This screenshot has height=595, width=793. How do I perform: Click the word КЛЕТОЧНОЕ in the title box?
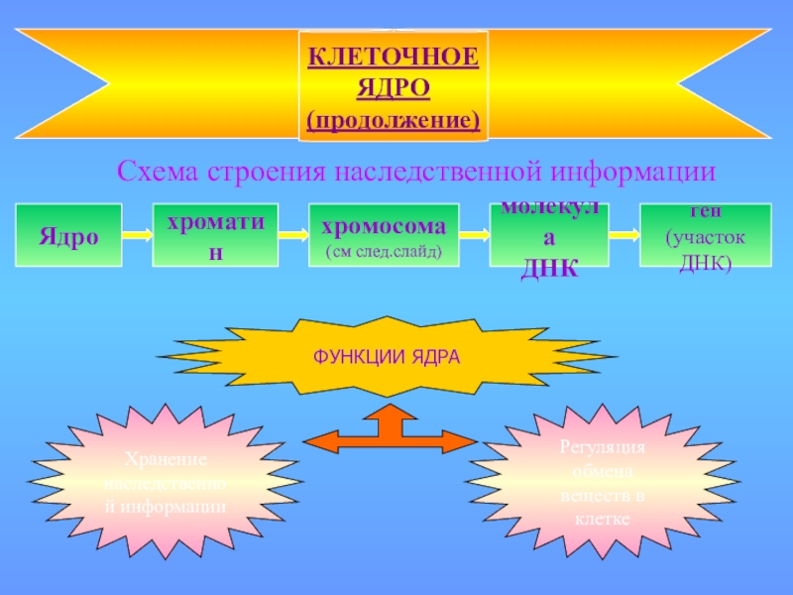[394, 57]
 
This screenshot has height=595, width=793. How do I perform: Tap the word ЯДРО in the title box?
[394, 88]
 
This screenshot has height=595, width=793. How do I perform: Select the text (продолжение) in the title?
[394, 120]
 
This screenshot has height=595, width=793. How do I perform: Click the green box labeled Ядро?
[68, 236]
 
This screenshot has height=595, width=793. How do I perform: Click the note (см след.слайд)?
[384, 252]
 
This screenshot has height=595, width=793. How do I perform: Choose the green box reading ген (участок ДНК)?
[705, 236]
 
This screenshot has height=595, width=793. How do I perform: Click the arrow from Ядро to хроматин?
[137, 236]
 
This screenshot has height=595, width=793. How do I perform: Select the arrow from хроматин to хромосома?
[293, 236]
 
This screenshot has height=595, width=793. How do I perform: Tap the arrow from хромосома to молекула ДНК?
[475, 236]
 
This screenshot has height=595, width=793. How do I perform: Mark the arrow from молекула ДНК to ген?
[623, 236]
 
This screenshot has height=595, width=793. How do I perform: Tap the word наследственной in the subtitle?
[431, 171]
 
